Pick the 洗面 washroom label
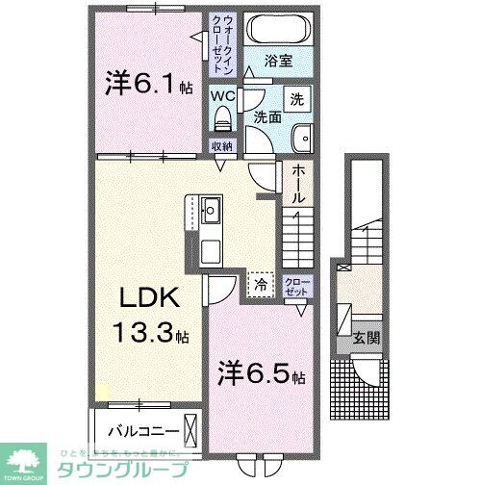(268, 117)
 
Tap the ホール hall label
(298, 183)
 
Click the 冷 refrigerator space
(260, 284)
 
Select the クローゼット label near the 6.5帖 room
(296, 285)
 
